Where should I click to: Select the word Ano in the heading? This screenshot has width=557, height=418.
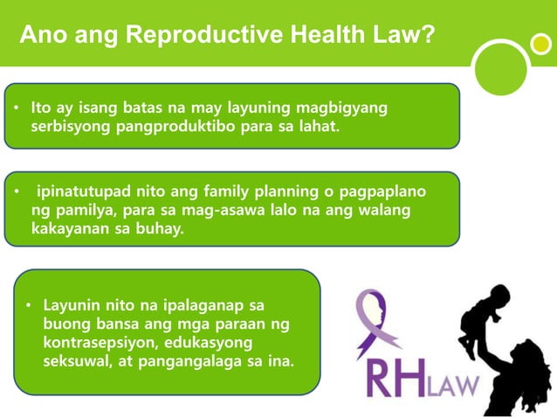click(40, 35)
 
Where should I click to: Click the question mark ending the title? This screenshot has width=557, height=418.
click(429, 35)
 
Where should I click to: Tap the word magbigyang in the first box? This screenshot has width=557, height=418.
click(341, 108)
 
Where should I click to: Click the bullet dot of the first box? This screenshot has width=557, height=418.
click(16, 108)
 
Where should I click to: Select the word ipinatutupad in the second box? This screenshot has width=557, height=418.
click(82, 192)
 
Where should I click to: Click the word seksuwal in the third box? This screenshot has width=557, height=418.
click(79, 362)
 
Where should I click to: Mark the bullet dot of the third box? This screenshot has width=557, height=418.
click(28, 306)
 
